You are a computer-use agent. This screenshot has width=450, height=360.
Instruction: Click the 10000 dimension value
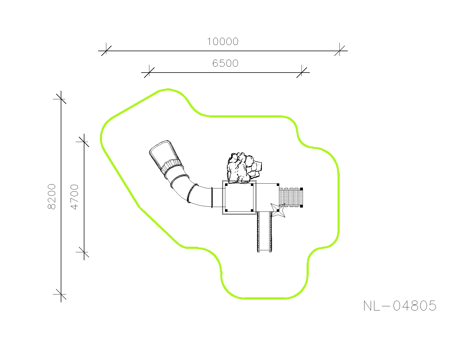point(223,41)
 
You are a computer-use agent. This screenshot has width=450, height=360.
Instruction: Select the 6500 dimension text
point(225,63)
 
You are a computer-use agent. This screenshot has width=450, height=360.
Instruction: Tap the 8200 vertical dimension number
point(52,197)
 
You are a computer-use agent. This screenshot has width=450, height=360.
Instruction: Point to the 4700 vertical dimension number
point(75,197)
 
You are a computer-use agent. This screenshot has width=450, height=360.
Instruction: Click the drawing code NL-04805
point(400,306)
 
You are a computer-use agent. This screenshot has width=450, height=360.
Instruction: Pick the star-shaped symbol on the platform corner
point(278,210)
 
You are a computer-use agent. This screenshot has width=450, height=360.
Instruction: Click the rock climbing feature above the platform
point(244,168)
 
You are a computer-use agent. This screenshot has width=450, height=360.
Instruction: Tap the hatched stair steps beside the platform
point(291,197)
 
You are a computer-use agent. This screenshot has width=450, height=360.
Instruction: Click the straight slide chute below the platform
point(265,232)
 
